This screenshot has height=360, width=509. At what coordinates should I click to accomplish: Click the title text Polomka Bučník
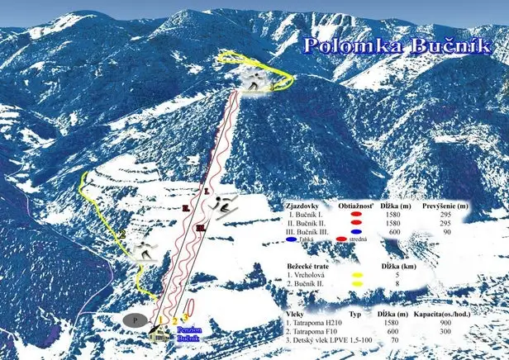(x=397, y=45)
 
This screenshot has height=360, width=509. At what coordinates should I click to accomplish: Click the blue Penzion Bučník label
(x=189, y=334)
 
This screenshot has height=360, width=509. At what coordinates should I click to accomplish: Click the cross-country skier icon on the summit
(x=257, y=80)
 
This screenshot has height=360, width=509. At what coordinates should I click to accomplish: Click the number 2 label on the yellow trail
(x=121, y=234)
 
